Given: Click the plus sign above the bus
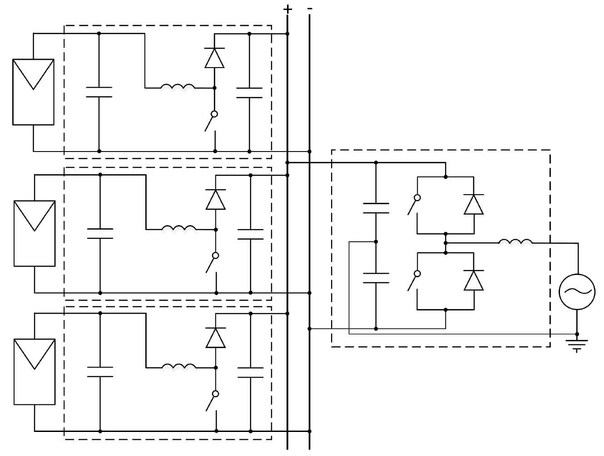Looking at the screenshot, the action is click(287, 10).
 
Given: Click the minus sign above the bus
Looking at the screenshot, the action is click(310, 9).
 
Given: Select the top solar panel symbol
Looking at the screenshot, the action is click(33, 92).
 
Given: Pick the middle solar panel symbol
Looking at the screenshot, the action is click(35, 233).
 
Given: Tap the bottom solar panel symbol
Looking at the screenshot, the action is click(35, 372).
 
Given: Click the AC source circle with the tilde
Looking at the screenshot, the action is click(577, 292).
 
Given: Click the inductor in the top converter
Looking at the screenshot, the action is click(178, 86).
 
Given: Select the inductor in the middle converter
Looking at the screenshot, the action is click(179, 228).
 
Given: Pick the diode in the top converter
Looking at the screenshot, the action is click(214, 58).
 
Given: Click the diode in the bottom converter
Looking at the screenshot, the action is click(215, 338).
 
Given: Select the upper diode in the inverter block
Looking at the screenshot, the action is click(474, 204).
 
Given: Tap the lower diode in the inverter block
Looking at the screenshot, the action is click(474, 280).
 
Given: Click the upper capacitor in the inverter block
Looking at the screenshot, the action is click(376, 208).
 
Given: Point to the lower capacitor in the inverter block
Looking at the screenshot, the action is click(376, 278).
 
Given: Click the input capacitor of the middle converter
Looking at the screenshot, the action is click(100, 233).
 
